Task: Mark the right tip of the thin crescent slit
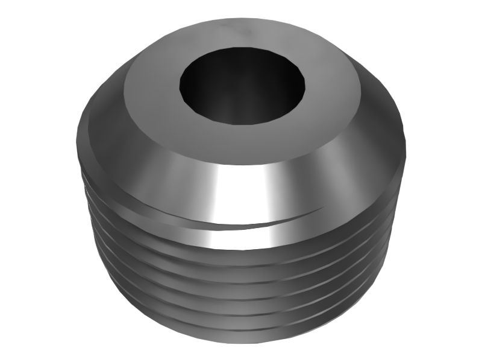tap(322, 209)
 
